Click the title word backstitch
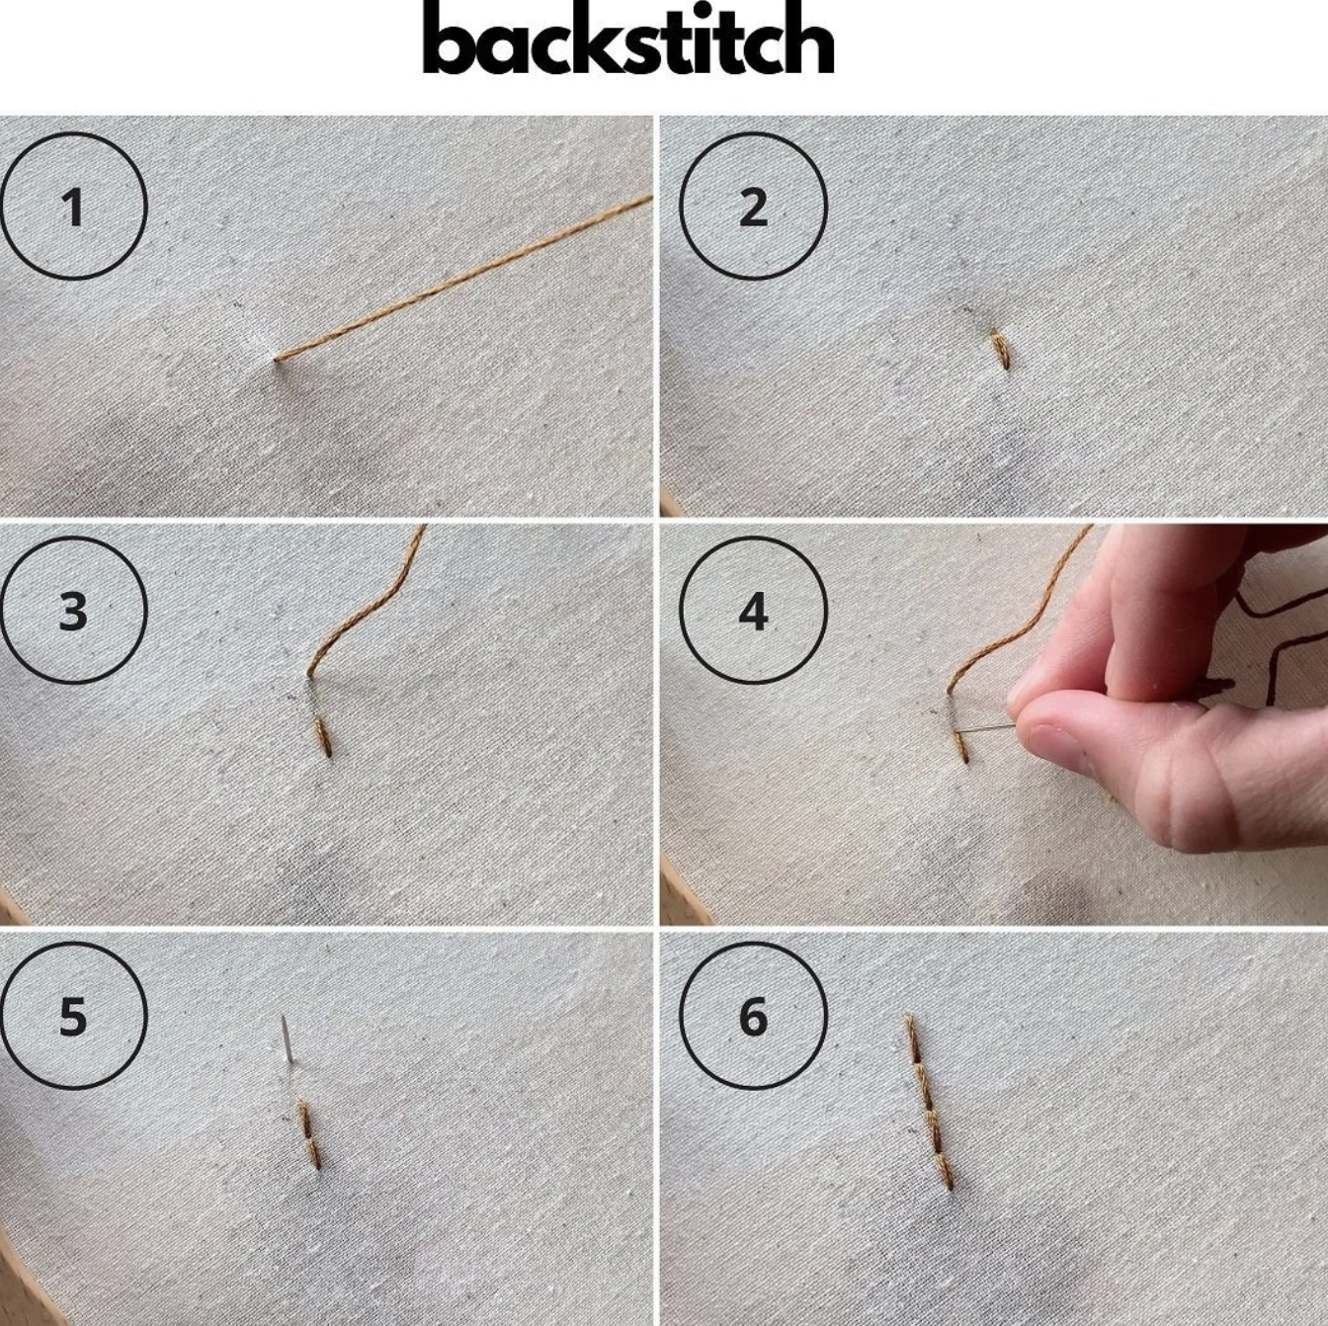627,38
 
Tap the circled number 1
73,206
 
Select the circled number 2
753,206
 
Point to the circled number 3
73,610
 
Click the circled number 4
753,610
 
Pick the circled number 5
73,1015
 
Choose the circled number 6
753,1015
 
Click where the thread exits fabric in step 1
277,359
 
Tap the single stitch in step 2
1001,350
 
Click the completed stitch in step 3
323,737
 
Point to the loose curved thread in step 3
366,601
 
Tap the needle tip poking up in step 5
284,1018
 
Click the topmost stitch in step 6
914,1039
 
